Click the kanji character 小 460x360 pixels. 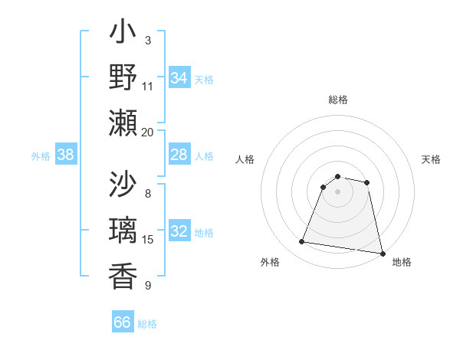click(123, 33)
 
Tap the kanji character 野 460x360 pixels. click(123, 77)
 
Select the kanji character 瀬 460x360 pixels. click(123, 123)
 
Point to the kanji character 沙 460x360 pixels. click(123, 185)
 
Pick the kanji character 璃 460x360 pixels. click(123, 231)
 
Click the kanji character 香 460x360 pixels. click(123, 276)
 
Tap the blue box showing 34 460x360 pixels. click(179, 78)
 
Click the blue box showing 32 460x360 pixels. click(179, 232)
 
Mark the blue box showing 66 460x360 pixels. click(123, 322)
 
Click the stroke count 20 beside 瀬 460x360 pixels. click(148, 132)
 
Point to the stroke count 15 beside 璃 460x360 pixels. click(148, 240)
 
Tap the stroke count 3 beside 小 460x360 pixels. click(148, 40)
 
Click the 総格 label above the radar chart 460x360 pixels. click(338, 100)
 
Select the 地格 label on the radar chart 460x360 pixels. click(402, 262)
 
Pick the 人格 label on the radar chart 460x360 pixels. click(245, 159)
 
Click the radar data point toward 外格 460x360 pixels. click(302, 242)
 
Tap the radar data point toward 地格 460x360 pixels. click(382, 253)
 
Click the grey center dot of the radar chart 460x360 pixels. click(337, 191)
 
